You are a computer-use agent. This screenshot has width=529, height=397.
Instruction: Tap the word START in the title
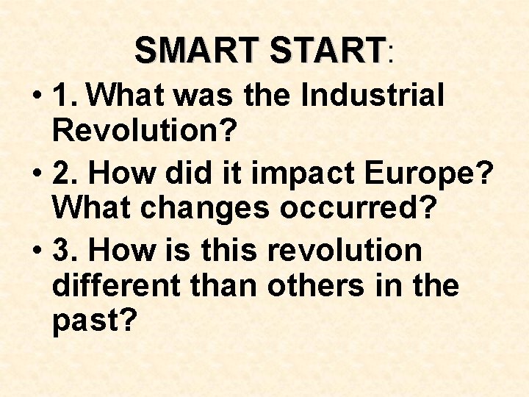point(328,51)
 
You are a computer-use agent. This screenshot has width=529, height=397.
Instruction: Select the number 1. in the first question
point(69,95)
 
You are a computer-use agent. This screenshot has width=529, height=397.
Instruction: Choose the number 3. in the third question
point(69,250)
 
